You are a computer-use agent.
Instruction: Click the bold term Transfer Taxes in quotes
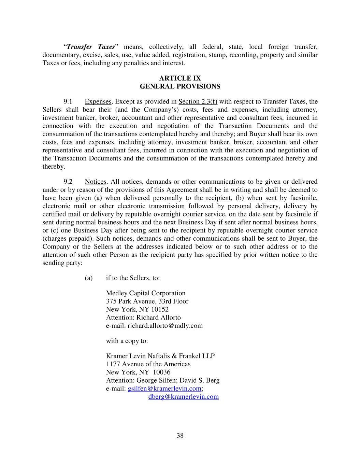[90, 47]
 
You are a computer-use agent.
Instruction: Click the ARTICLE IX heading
[180, 79]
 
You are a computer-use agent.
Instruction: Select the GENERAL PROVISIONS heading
[180, 86]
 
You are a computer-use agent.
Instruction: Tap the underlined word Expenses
[98, 101]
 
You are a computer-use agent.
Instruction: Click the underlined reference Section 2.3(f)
[198, 101]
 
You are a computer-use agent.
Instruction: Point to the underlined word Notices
[96, 182]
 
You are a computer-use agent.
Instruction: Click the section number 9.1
[68, 101]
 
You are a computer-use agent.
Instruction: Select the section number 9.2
[68, 182]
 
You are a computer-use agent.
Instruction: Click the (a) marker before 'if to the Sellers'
[89, 278]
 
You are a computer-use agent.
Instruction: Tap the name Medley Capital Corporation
[146, 293]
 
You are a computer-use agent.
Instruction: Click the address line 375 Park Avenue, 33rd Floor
[147, 301]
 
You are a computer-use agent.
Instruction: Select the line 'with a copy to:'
[127, 341]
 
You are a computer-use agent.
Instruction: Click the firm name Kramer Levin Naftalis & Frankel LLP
[160, 356]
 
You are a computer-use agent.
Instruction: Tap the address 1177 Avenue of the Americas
[148, 364]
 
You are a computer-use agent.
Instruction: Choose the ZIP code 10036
[162, 372]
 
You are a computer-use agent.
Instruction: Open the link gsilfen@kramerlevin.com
[164, 389]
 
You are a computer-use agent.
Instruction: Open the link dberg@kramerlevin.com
[184, 397]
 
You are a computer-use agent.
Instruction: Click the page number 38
[180, 436]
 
